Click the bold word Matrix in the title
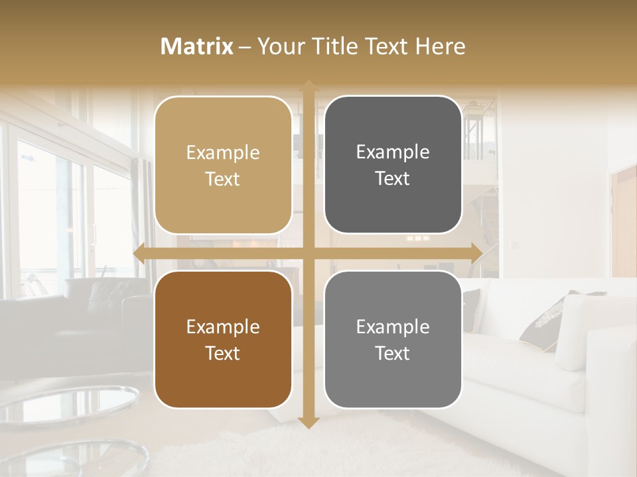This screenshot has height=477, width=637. (x=197, y=46)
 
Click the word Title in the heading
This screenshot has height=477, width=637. (x=338, y=46)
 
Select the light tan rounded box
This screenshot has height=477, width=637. (x=223, y=165)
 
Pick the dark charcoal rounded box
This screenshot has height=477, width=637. (x=393, y=165)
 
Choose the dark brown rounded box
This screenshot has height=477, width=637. (x=223, y=339)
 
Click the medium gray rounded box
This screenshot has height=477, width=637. (x=393, y=339)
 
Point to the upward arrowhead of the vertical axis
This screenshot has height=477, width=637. (x=308, y=85)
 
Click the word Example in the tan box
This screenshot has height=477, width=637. (x=223, y=153)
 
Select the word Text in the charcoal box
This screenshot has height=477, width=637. (x=393, y=179)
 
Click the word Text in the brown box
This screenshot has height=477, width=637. (x=223, y=353)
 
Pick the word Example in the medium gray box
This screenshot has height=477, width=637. (x=393, y=327)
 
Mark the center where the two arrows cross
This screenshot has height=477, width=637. (x=308, y=253)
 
